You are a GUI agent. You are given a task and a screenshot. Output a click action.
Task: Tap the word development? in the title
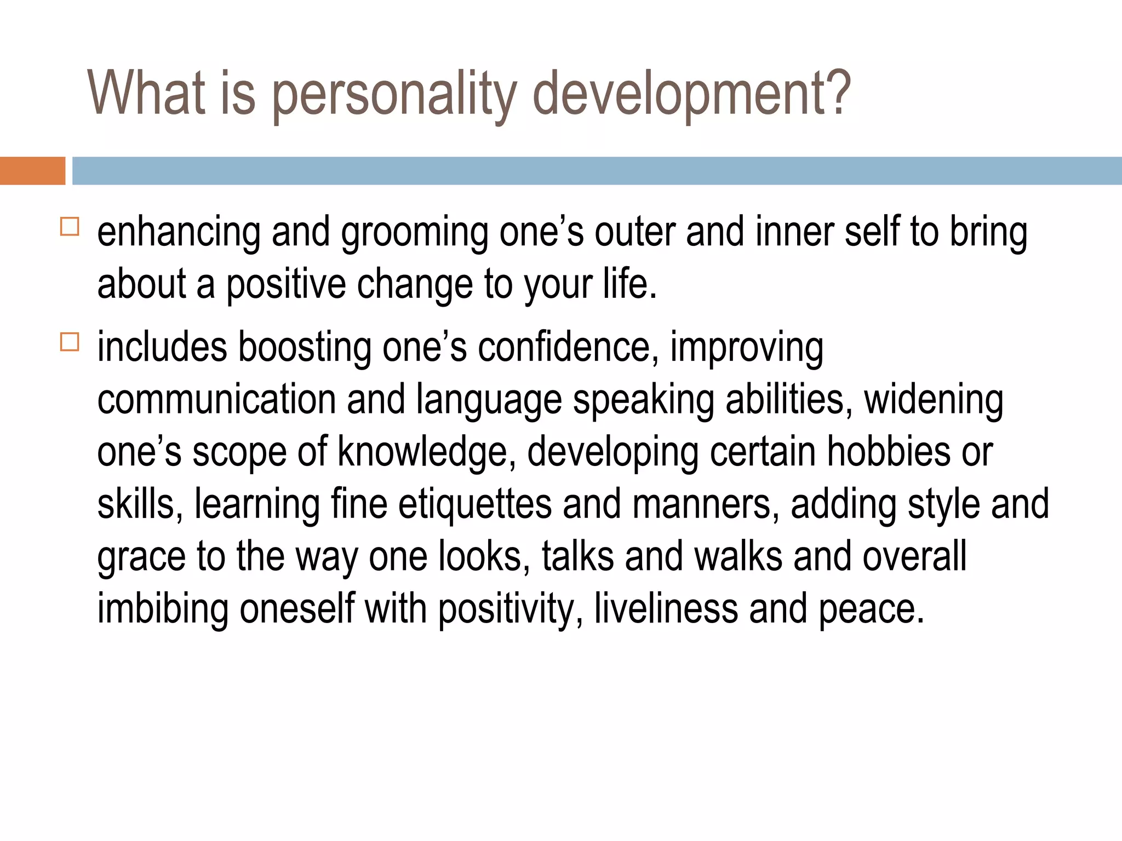pos(692,94)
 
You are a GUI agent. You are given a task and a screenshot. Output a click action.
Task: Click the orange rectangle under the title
pos(32,171)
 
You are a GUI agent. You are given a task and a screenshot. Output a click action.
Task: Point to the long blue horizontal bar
pos(597,171)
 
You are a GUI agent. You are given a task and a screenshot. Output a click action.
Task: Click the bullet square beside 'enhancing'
pos(70,227)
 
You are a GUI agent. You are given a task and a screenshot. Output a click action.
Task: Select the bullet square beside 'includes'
pos(70,342)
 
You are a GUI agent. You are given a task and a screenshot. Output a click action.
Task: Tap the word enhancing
pos(179,233)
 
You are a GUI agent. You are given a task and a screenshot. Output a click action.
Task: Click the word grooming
pos(414,233)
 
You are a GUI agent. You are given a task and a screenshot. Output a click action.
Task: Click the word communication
pos(216,399)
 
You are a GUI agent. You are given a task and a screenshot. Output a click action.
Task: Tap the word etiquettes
pos(474,504)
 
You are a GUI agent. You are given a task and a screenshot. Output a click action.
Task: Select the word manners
pos(706,504)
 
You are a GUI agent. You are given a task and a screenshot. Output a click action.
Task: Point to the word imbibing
pos(163,609)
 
